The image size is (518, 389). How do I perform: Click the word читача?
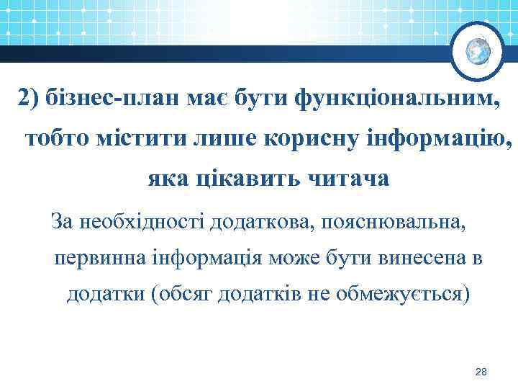coord(353,177)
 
